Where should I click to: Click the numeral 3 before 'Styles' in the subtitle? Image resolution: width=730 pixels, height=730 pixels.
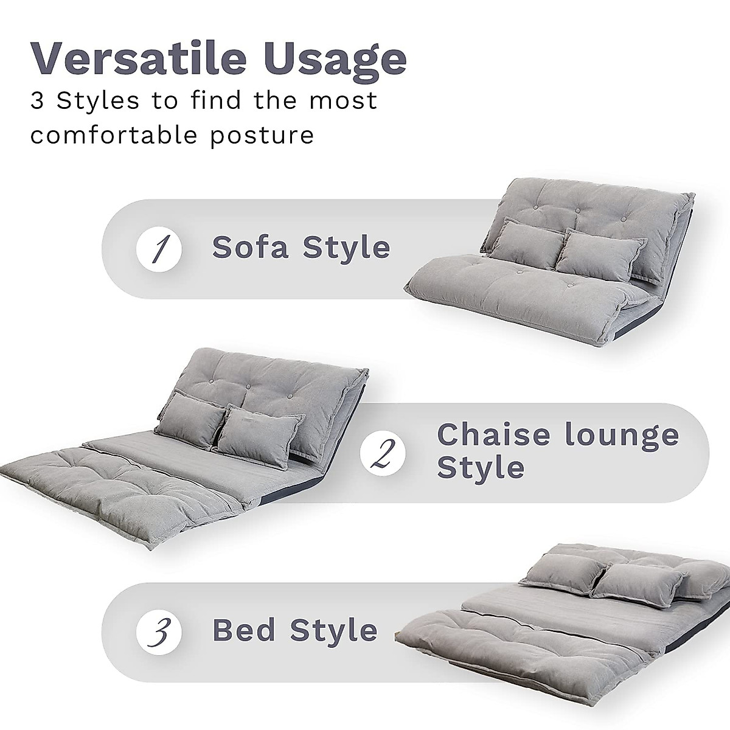[37, 100]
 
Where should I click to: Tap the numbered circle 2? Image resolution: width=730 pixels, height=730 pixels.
[383, 453]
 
